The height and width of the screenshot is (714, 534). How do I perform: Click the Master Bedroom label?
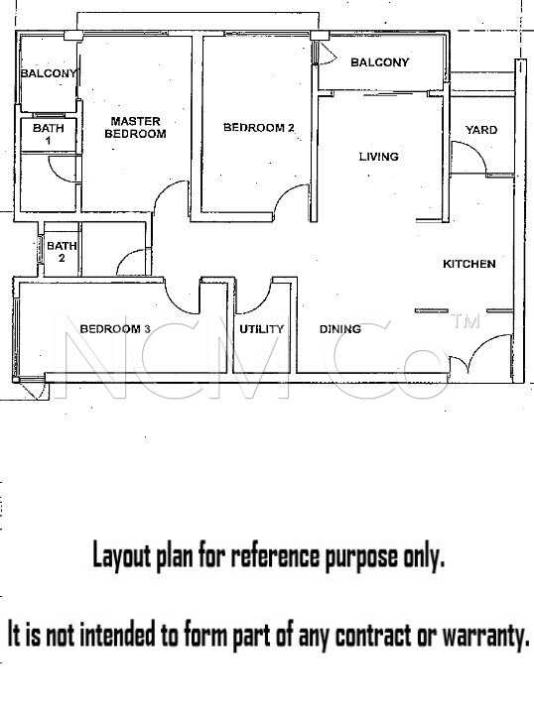point(135,128)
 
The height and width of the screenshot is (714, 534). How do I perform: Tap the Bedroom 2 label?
point(259,128)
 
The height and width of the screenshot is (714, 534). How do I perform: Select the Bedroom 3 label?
point(115,329)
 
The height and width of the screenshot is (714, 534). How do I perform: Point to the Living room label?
point(378,157)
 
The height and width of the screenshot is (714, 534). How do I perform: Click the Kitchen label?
point(469,264)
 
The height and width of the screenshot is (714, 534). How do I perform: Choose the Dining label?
point(339,329)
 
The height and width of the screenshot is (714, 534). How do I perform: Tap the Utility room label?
point(261,329)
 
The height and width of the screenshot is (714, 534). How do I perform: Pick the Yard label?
point(481,130)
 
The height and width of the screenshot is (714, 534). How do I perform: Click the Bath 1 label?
point(49,134)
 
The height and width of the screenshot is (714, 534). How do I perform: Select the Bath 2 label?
point(62,252)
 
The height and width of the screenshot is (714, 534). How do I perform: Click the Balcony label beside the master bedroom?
point(49,73)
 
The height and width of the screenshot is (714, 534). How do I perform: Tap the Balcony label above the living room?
point(379,62)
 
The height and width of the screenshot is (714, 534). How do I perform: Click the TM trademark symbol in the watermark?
point(466,321)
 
